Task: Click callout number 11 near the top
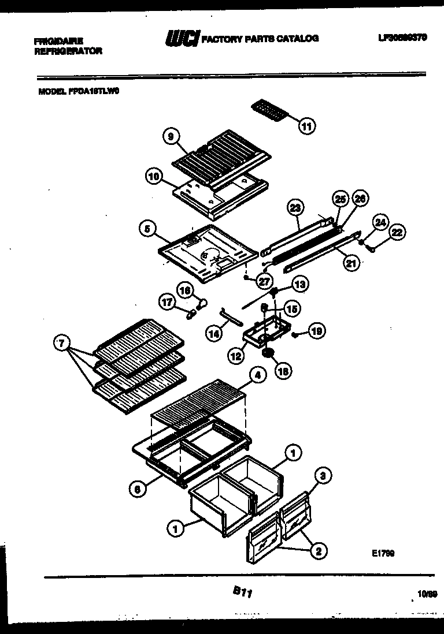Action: [x=308, y=125]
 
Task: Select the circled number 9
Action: [x=170, y=137]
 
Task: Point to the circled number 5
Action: [x=148, y=229]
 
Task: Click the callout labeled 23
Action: [x=296, y=207]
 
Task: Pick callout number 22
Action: [x=397, y=233]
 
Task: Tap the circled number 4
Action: [x=257, y=375]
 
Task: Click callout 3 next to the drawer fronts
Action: [x=324, y=476]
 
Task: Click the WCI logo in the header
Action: [x=182, y=39]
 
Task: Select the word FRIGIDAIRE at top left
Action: [x=58, y=41]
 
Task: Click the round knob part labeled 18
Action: [x=267, y=353]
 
